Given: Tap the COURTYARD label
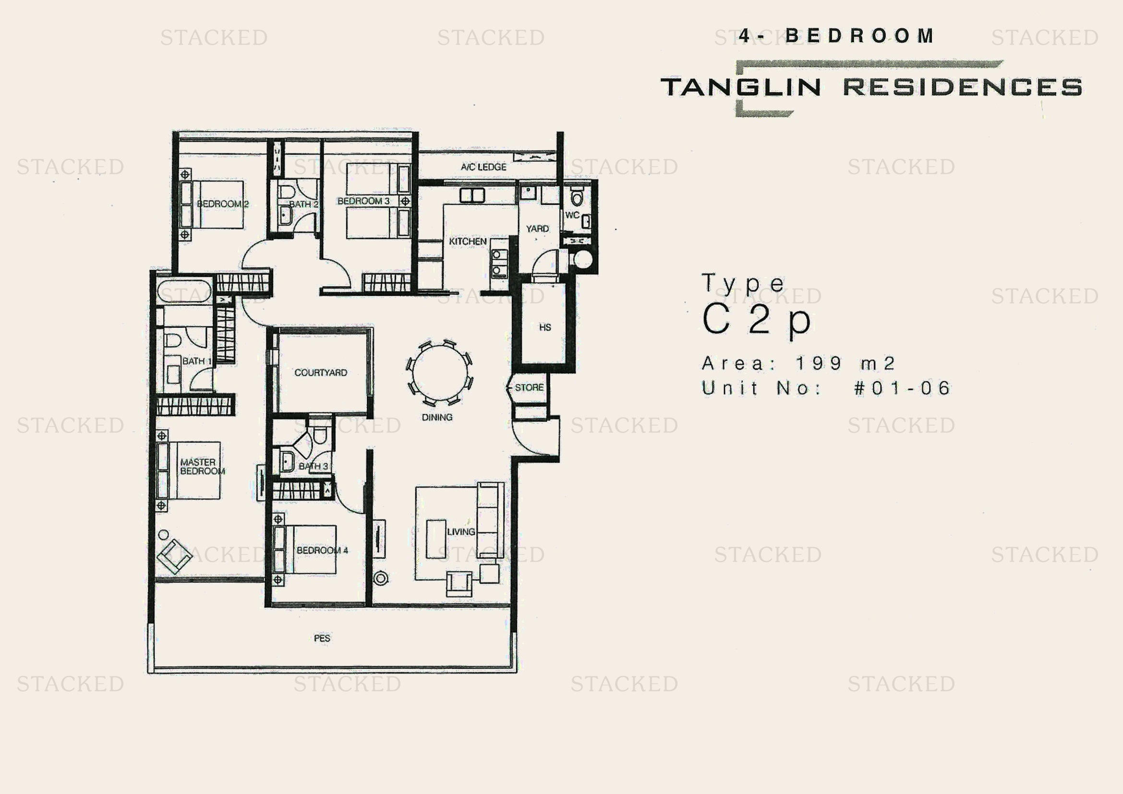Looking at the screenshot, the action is pos(321,373).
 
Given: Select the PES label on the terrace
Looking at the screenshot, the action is pos(322,638).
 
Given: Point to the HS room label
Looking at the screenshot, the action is pos(545,327).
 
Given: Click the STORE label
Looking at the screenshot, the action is pos(529,387).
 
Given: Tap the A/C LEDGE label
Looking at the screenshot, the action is pos(483,167).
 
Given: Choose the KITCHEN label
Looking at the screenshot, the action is pos(468,241).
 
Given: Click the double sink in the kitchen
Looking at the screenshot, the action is pos(472,195).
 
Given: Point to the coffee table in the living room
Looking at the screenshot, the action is pos(436,539).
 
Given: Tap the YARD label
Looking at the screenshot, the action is pos(537,229).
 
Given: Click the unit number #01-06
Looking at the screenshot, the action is pos(902,388).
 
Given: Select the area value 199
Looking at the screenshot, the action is pos(818,363).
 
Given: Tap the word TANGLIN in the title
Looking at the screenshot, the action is pos(740,87).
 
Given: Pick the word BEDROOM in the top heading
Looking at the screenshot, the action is pos(859,36).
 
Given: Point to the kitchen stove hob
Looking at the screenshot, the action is pos(499,263).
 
